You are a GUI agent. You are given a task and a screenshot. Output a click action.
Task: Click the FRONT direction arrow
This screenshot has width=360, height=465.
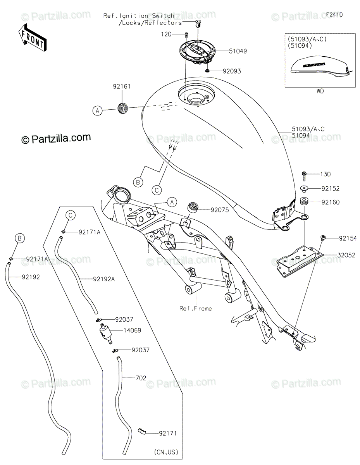(x=32, y=38)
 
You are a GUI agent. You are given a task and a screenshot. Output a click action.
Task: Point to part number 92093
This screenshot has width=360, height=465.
(x=232, y=71)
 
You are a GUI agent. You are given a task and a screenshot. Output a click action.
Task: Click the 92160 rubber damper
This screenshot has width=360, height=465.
(x=303, y=202)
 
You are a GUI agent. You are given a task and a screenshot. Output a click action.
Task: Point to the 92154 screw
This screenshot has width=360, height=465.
(x=322, y=238)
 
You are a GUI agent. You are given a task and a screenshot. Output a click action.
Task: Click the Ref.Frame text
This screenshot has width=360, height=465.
(x=196, y=308)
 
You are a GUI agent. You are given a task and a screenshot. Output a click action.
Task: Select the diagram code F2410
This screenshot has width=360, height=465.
(x=334, y=15)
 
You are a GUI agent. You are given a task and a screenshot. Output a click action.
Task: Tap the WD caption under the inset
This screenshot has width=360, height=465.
(x=320, y=91)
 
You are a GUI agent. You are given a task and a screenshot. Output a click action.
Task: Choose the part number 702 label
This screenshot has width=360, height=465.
(x=141, y=378)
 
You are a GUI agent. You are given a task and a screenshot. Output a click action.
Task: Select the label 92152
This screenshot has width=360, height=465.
(x=331, y=189)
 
